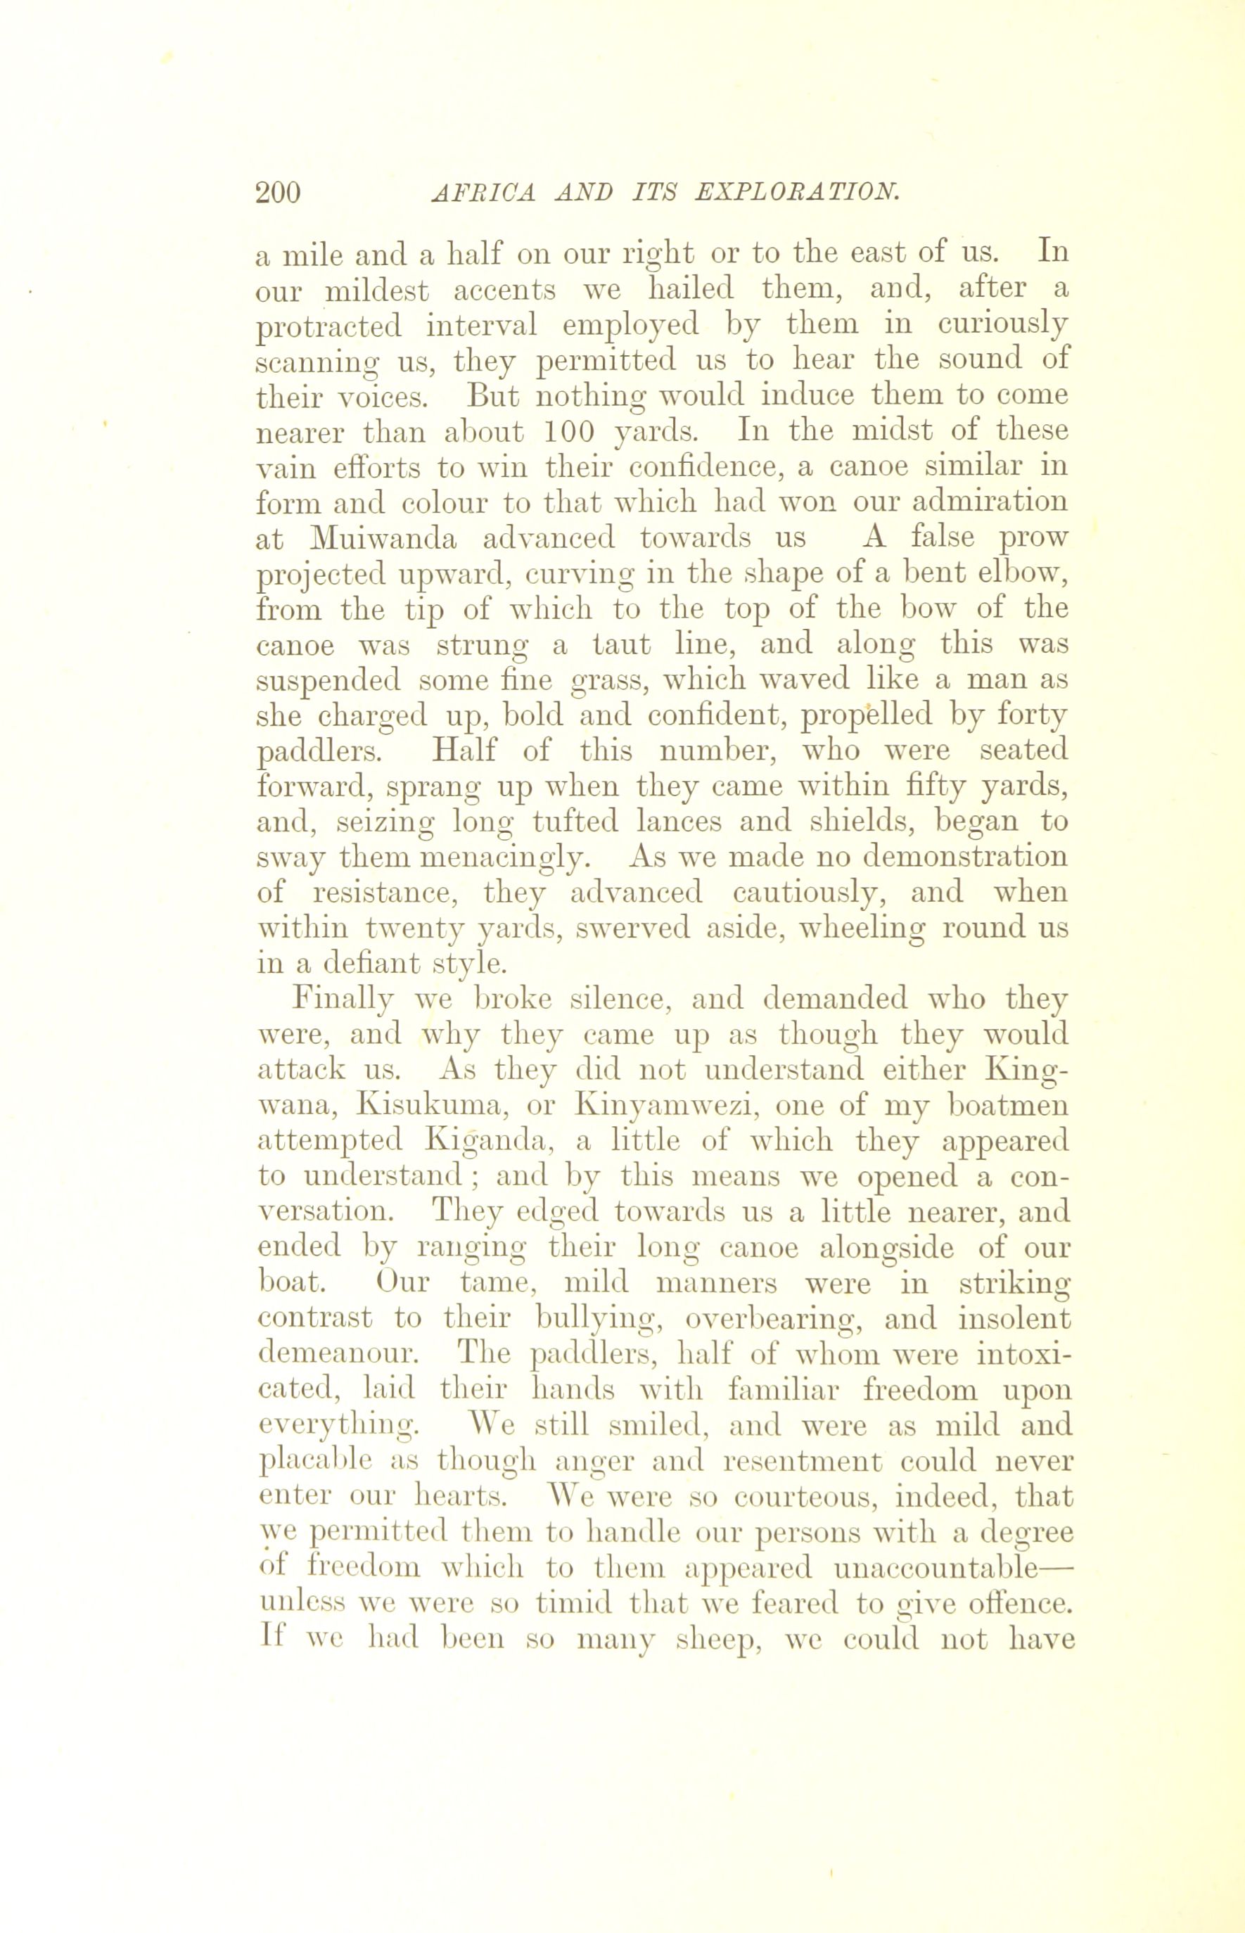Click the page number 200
coord(277,193)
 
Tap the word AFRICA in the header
coord(484,193)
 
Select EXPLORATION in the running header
coord(797,193)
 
